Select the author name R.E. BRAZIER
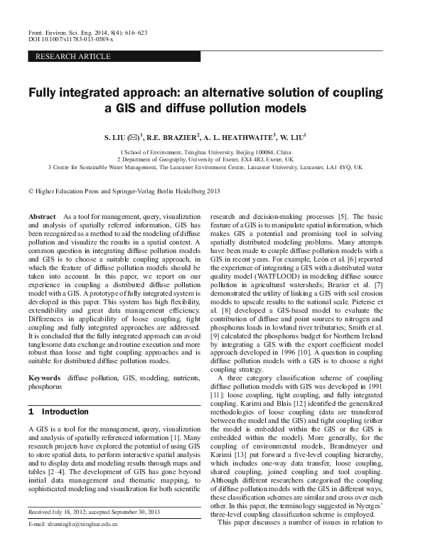coord(174,134)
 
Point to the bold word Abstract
coord(42,215)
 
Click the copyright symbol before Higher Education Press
coord(31,191)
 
